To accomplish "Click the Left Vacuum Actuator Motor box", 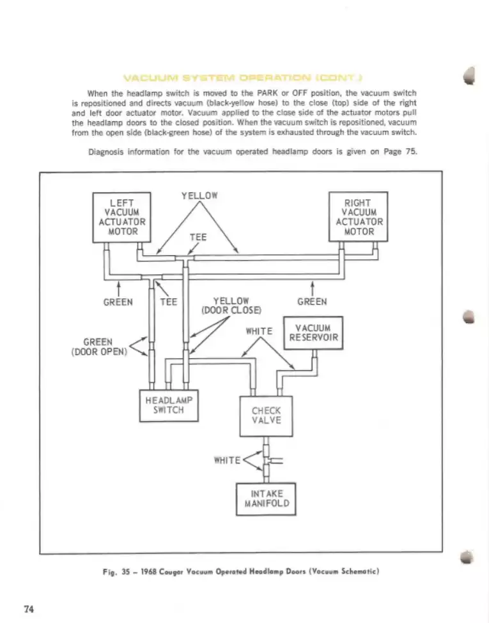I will point(121,217).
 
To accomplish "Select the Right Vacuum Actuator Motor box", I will point(358,216).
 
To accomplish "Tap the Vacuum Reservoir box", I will point(313,333).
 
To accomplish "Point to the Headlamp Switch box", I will point(169,405).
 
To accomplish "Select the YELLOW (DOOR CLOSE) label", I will point(231,306).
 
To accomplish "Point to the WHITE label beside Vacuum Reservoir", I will point(260,331).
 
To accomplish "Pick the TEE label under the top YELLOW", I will point(199,236).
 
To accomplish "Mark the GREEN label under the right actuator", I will point(313,302).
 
